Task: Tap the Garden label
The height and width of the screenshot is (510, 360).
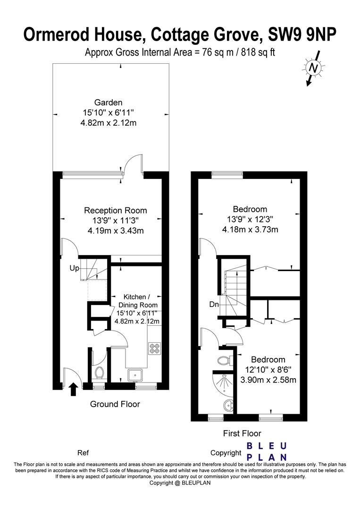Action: click(108, 102)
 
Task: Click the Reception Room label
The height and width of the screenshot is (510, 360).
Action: click(115, 211)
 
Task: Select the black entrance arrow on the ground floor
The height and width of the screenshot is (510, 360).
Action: click(74, 389)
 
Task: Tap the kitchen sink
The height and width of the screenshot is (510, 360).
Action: click(135, 375)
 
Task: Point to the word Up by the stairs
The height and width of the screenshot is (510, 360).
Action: click(75, 268)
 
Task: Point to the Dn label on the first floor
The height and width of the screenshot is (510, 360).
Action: click(214, 305)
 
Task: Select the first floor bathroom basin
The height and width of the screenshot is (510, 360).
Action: click(228, 405)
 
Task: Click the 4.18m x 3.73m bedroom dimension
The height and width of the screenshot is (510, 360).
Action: click(250, 229)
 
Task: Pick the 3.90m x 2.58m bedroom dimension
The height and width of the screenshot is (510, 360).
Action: click(268, 380)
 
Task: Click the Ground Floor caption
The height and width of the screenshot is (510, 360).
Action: click(115, 404)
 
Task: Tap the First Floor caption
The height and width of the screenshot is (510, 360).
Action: click(242, 433)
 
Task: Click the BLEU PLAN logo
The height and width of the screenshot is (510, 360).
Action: click(267, 452)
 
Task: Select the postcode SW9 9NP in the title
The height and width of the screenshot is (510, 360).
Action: click(302, 34)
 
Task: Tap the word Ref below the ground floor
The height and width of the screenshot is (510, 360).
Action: click(83, 453)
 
